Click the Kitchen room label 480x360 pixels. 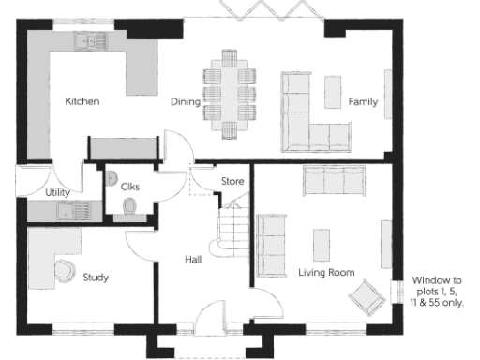click(x=82, y=101)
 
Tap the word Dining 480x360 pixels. click(x=186, y=101)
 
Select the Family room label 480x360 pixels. click(x=363, y=101)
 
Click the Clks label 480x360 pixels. click(x=129, y=187)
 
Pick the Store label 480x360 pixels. click(x=232, y=180)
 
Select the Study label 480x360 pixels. click(x=96, y=277)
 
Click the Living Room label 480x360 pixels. click(x=326, y=273)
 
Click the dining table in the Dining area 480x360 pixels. click(x=231, y=92)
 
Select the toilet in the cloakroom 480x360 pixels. click(x=129, y=206)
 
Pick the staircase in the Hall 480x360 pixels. click(x=230, y=226)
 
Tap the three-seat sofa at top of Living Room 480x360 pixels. click(x=334, y=179)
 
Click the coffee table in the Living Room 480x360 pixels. click(x=322, y=241)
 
